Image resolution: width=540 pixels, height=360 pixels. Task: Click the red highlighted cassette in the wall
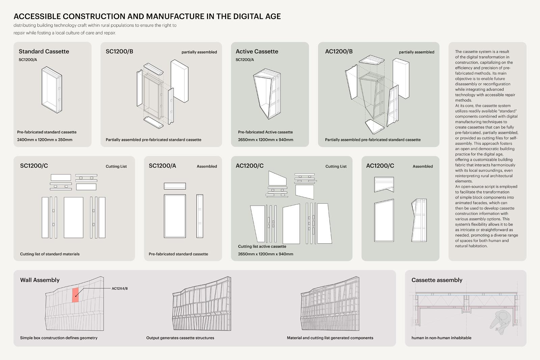coord(75,295)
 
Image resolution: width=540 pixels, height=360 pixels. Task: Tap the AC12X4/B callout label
coord(119,288)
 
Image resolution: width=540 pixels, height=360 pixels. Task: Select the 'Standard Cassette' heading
coord(44,51)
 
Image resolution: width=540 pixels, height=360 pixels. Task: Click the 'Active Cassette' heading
coord(257,51)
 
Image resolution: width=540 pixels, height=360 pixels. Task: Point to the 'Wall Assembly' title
coord(40,280)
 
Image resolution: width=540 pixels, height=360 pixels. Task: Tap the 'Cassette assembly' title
coord(437,280)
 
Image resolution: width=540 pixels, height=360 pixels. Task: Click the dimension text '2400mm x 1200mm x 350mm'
coord(45,140)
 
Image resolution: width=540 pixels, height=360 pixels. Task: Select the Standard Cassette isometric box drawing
coord(52,89)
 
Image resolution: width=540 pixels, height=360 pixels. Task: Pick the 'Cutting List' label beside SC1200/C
coord(116,166)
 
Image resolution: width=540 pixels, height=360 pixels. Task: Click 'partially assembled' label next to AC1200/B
coord(416,52)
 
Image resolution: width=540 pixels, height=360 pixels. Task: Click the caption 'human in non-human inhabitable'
coord(441,338)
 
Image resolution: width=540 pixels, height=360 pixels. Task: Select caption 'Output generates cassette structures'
coord(180,338)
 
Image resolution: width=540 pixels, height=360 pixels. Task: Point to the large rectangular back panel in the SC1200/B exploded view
coord(179,81)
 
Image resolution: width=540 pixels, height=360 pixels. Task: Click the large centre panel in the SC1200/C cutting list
coord(73,218)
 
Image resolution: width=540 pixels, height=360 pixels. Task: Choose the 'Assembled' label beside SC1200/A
coord(207,166)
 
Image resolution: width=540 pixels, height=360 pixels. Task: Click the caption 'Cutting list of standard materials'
coord(50,254)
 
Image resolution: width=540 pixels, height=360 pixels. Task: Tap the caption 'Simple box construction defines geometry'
coord(59,338)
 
